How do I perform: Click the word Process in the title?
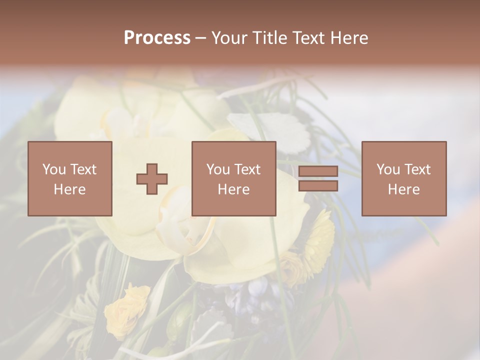point(157,38)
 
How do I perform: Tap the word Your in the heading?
point(229,38)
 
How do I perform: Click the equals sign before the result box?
point(318,179)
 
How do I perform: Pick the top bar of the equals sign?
point(318,171)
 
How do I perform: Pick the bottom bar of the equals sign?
point(318,186)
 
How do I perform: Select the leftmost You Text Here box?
point(70,178)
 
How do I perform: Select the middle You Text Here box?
point(234,178)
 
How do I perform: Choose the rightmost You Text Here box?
point(404,178)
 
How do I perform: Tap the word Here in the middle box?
point(234,189)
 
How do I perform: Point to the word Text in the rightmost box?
point(418,169)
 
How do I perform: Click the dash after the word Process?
point(200,38)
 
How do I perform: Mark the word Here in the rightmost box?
point(404,189)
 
